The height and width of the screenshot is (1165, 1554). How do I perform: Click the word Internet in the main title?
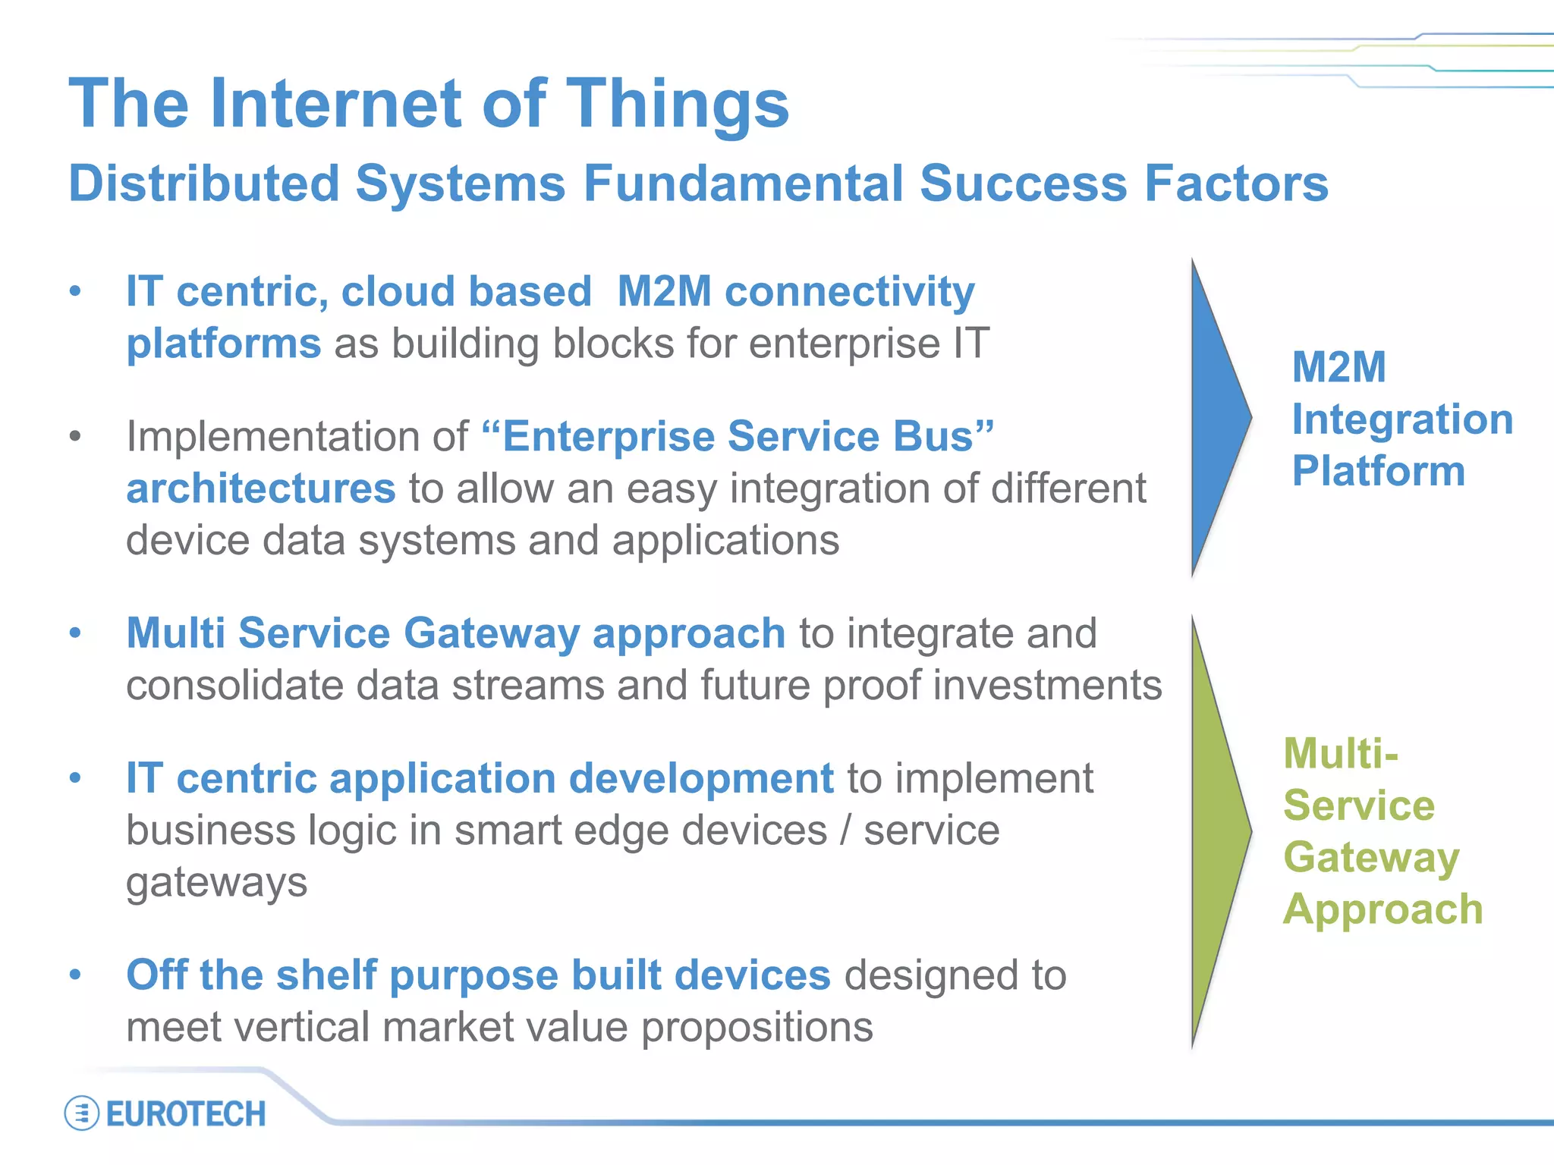[336, 103]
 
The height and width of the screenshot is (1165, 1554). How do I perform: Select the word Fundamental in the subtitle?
[742, 184]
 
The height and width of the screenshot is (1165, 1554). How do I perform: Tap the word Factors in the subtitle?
[1236, 184]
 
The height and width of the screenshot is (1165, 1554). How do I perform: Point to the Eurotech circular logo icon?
[81, 1113]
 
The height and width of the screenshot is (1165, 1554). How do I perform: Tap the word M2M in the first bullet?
[664, 291]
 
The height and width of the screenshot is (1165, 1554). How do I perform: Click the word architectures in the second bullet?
[261, 488]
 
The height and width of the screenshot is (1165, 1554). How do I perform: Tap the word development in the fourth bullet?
[701, 778]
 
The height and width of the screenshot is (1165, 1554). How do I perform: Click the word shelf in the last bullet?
[326, 975]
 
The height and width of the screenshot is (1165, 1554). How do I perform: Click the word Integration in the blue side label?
[1402, 419]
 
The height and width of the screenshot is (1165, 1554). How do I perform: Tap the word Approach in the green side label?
[1383, 909]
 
